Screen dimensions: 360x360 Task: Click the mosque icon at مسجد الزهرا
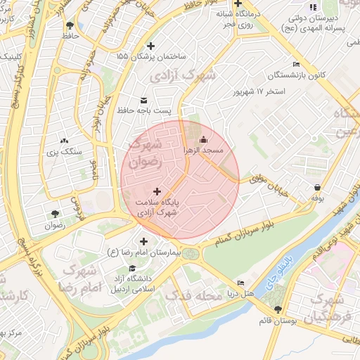204,139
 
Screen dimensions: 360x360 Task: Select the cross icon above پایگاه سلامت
156,191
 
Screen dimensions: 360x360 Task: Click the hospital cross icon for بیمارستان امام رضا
144,241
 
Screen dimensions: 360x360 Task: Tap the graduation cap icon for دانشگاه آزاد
131,269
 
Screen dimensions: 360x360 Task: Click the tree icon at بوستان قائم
278,309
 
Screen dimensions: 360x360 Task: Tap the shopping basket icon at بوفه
318,188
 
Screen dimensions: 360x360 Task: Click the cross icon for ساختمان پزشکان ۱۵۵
150,46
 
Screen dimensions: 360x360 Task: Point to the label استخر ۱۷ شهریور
260,91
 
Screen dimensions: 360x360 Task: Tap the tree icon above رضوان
55,214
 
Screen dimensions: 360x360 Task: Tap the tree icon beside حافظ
69,27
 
